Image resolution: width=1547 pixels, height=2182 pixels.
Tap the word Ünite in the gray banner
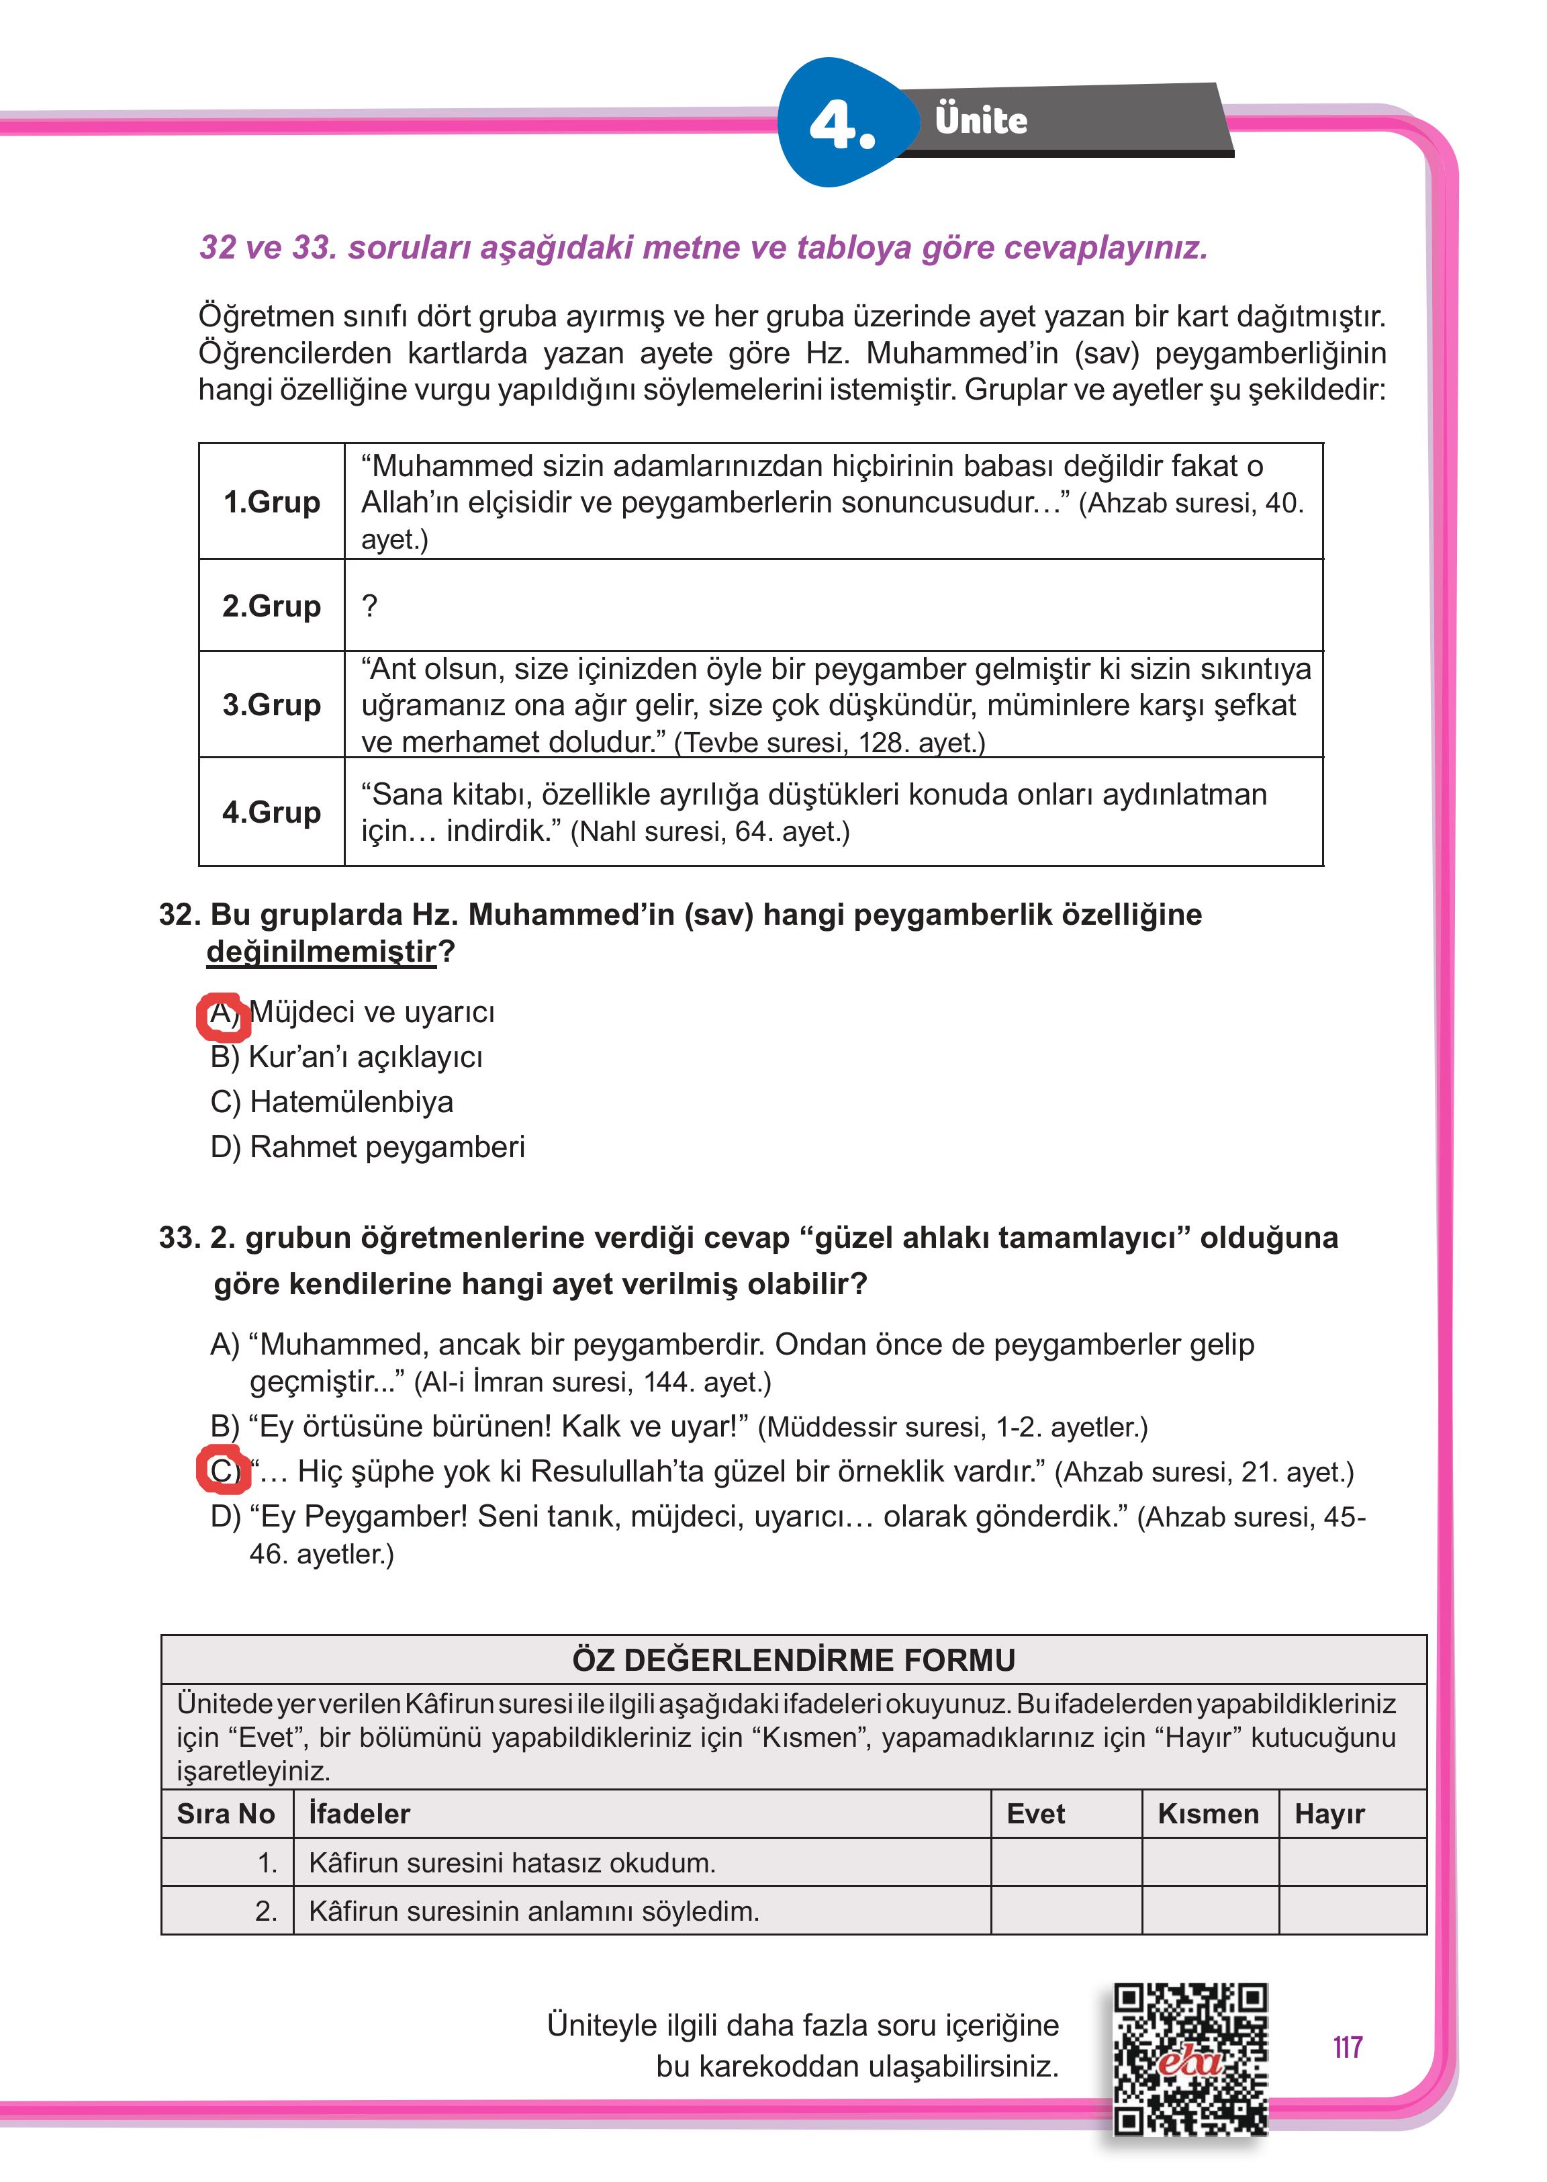pyautogui.click(x=980, y=121)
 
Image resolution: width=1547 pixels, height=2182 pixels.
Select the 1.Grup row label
pyautogui.click(x=271, y=502)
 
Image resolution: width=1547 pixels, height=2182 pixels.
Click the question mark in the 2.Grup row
pyautogui.click(x=369, y=605)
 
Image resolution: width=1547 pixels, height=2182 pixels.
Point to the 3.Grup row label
pyautogui.click(x=271, y=705)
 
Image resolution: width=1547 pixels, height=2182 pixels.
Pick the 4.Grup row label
pyautogui.click(x=271, y=812)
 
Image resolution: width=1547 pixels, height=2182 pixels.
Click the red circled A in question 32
pyautogui.click(x=223, y=1014)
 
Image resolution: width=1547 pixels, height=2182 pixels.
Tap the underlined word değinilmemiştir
pyautogui.click(x=321, y=952)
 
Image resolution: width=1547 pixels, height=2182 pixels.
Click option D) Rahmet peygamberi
pyautogui.click(x=368, y=1146)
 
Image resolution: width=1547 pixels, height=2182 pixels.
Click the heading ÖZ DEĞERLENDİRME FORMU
pyautogui.click(x=794, y=1660)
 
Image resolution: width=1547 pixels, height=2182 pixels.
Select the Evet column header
pyautogui.click(x=1035, y=1813)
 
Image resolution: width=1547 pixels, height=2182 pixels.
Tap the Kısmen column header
pyautogui.click(x=1208, y=1813)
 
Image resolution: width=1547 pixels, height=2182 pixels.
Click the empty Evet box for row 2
pyautogui.click(x=1066, y=1911)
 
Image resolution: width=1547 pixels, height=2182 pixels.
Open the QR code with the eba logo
pyautogui.click(x=1190, y=2058)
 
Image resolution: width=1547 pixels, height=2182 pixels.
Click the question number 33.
pyautogui.click(x=178, y=1238)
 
